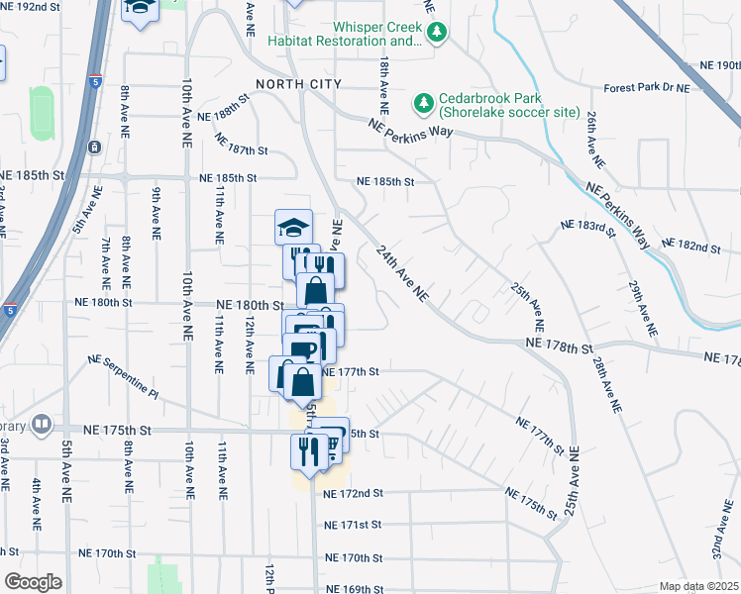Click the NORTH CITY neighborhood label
[298, 84]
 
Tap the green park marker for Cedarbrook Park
[424, 103]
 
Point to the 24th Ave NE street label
[402, 273]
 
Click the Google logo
[33, 582]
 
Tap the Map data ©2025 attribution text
[699, 586]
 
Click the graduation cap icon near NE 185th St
[293, 228]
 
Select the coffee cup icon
[301, 350]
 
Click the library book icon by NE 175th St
[42, 426]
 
